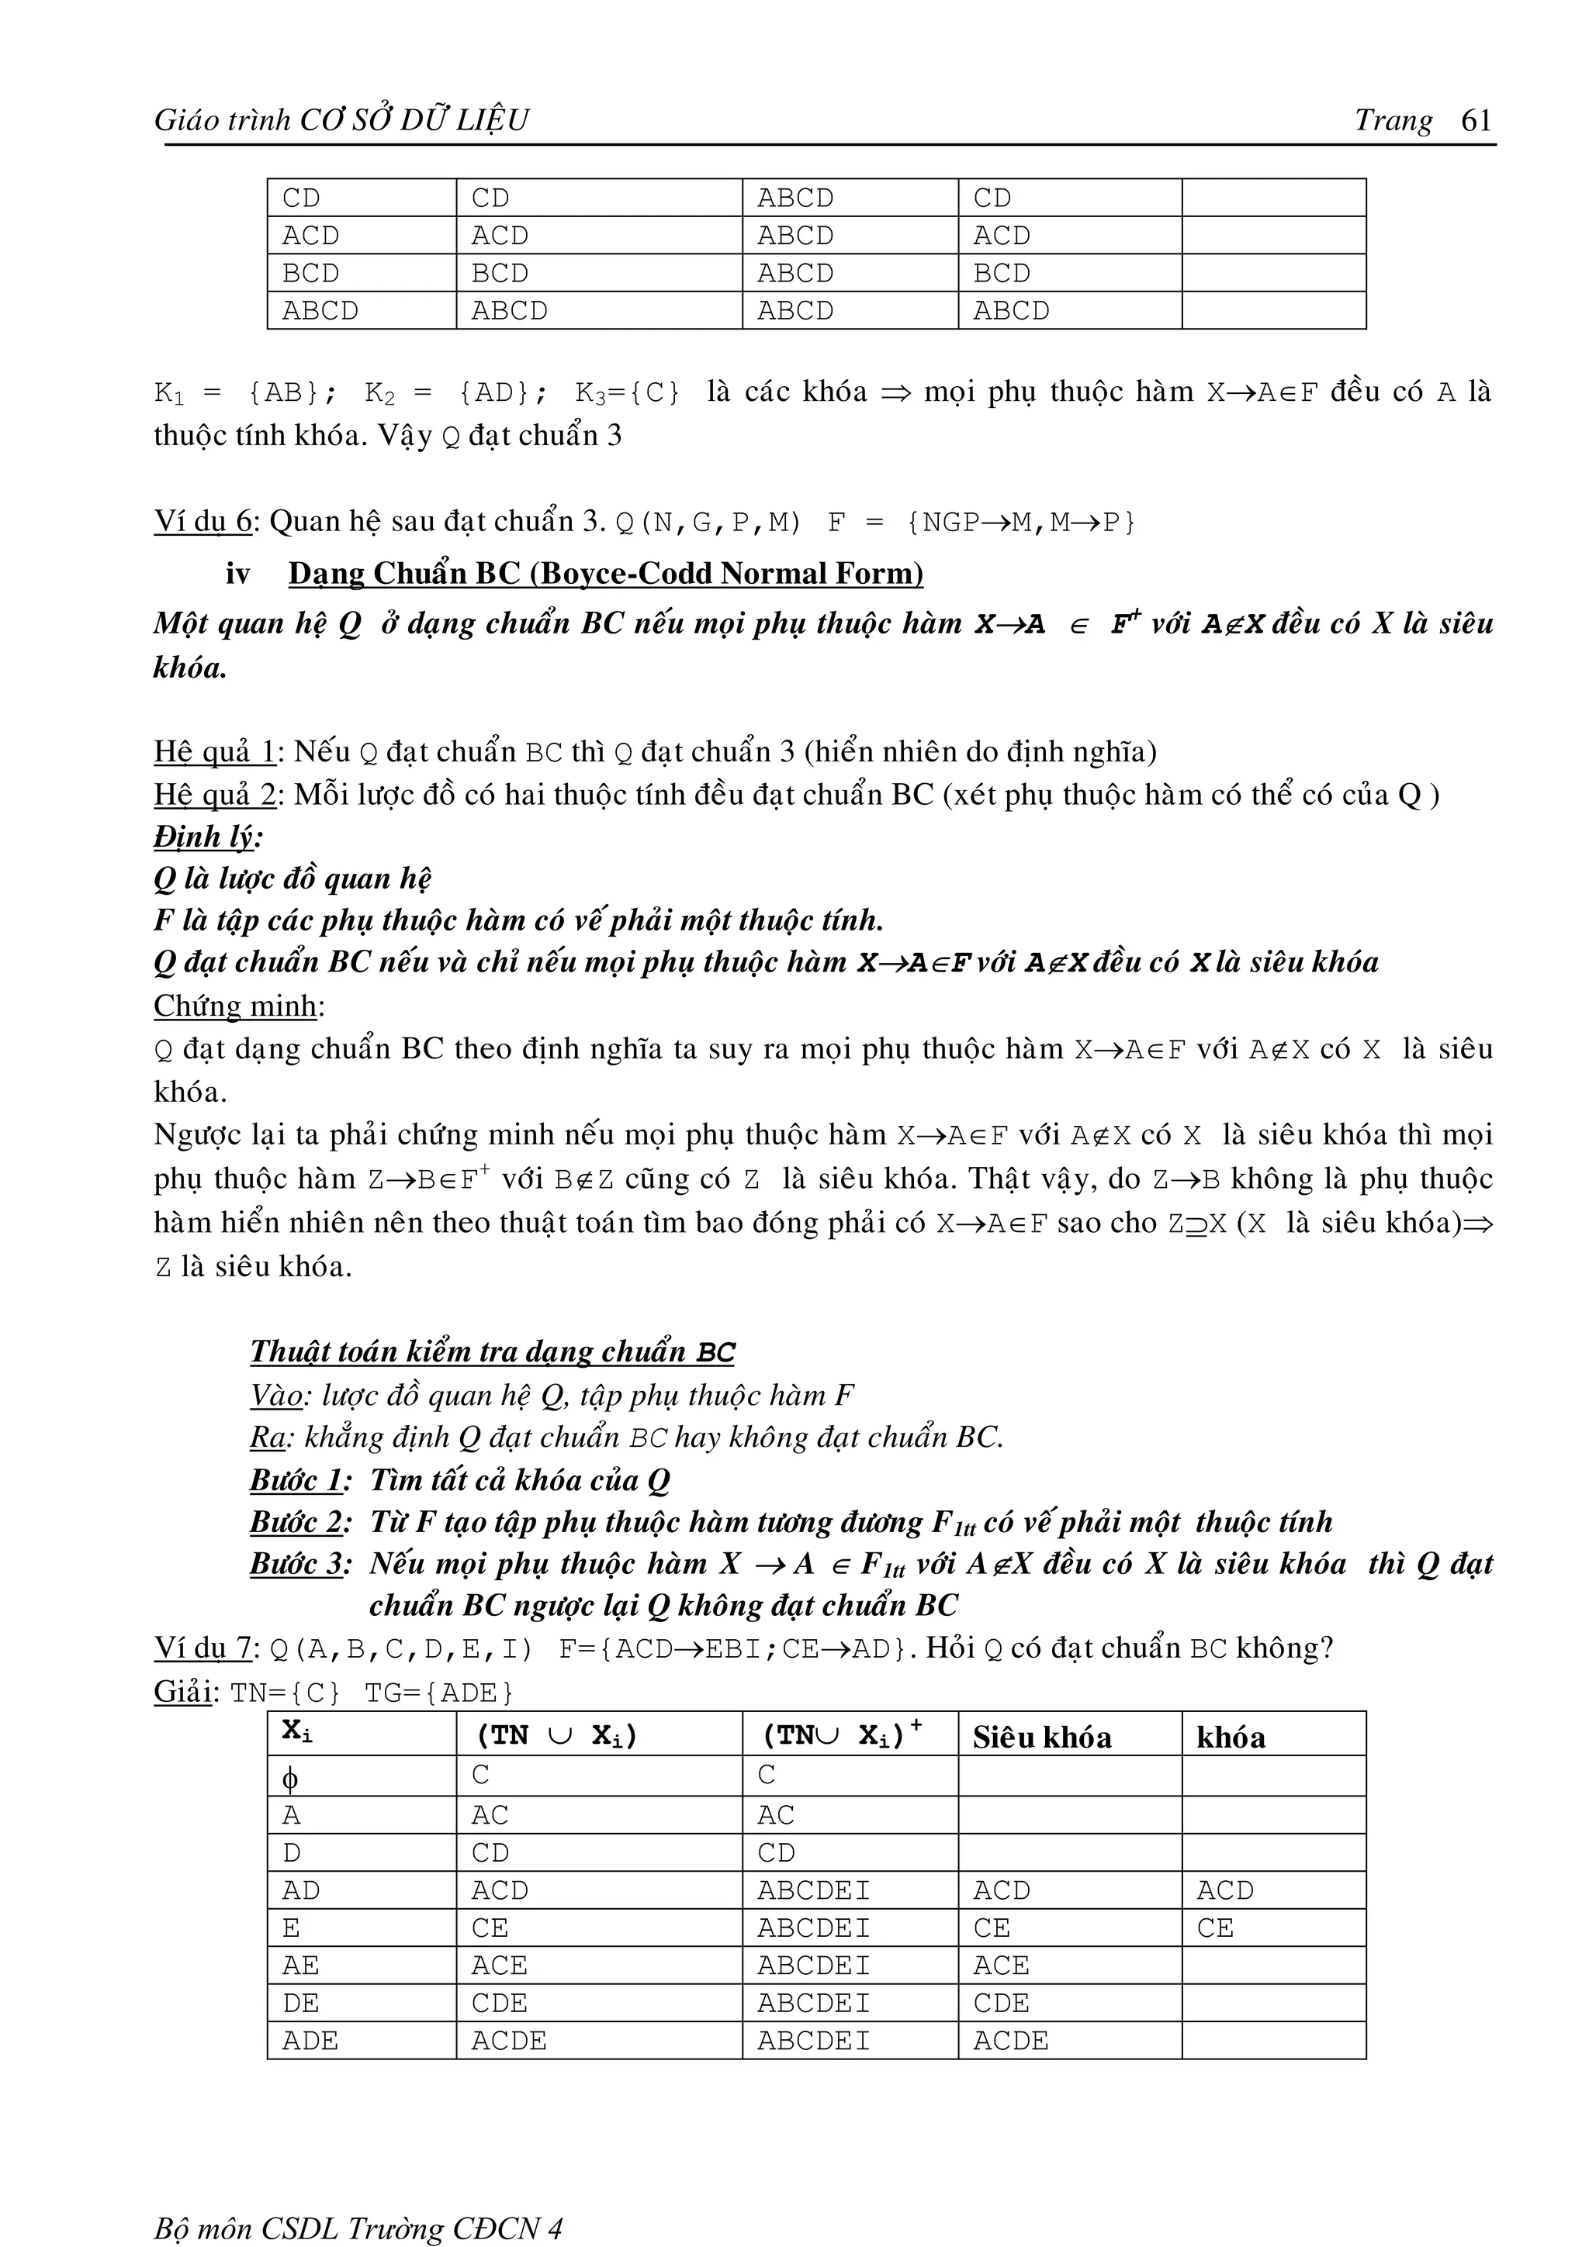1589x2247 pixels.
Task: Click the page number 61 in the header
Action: point(1476,119)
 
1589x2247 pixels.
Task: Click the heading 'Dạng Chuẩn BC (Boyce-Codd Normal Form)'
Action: point(605,574)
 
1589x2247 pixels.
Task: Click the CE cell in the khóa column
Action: point(1215,1928)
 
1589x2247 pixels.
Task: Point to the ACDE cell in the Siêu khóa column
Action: point(1010,2041)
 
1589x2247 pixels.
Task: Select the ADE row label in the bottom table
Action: point(310,2041)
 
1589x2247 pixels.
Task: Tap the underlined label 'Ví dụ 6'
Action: point(203,522)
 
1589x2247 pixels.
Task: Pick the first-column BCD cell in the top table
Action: point(310,273)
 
